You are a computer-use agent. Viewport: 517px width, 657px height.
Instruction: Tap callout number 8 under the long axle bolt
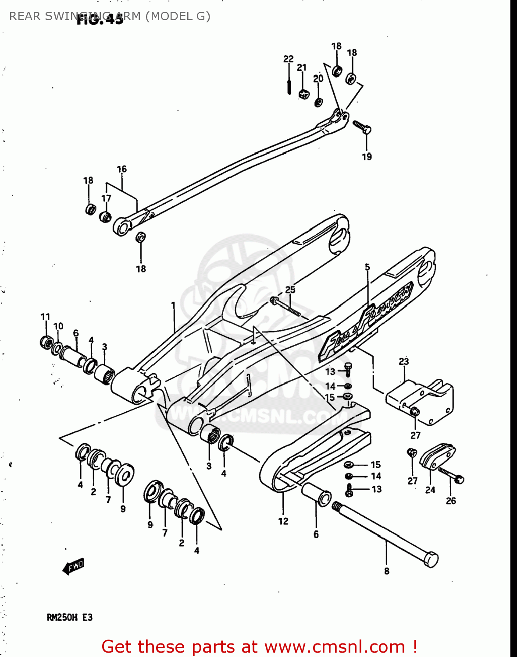click(386, 571)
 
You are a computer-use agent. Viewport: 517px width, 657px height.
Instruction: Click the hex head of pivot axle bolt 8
click(431, 560)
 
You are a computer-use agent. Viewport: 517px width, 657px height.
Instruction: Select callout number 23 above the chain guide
click(404, 361)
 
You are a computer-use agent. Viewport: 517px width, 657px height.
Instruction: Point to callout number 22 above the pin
click(288, 59)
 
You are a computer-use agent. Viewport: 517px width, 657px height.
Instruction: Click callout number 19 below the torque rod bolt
click(367, 157)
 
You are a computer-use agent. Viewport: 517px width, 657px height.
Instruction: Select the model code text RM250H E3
click(70, 618)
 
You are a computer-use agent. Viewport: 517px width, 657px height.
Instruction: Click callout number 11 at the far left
click(45, 317)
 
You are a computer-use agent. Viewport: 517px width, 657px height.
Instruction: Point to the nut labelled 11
click(46, 342)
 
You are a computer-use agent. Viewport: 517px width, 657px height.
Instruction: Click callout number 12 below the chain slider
click(283, 521)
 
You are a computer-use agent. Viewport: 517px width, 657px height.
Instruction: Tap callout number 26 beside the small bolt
click(451, 501)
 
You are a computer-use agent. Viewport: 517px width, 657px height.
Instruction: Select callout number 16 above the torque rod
click(121, 169)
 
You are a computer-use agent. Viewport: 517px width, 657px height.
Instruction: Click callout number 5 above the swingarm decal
click(367, 267)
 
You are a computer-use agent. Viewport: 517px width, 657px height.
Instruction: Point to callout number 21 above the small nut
click(301, 67)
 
